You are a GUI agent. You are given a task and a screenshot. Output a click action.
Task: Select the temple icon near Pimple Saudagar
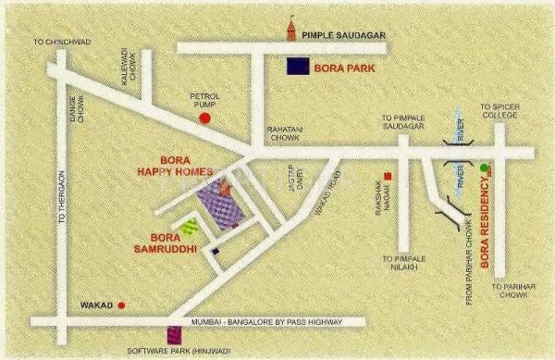[x=295, y=31]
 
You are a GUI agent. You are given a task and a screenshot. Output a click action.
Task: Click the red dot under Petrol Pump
[x=204, y=118]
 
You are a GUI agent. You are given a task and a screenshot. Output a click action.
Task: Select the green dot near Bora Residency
[x=484, y=168]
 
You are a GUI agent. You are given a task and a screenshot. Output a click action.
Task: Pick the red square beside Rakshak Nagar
[x=389, y=176]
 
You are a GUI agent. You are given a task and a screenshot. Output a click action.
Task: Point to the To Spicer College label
[x=499, y=112]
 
